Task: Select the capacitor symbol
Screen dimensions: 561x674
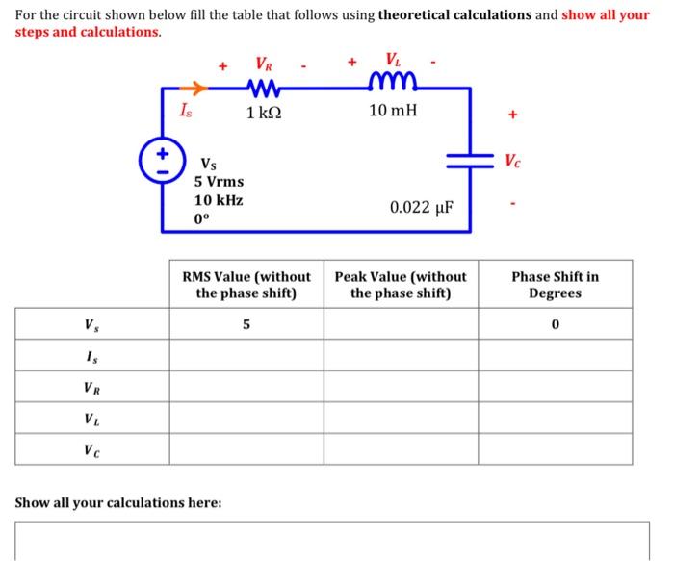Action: [470, 160]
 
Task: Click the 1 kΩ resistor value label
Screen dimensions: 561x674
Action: [264, 114]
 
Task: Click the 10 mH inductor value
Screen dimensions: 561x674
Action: [393, 112]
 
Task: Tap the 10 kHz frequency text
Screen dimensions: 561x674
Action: [219, 200]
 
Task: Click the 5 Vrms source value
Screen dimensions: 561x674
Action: [220, 181]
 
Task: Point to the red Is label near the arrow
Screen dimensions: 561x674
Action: [186, 112]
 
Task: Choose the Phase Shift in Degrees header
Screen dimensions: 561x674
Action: [555, 285]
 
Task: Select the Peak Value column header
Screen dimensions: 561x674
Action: [401, 285]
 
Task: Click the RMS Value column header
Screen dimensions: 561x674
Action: [246, 285]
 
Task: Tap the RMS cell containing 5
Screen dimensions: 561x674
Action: [246, 324]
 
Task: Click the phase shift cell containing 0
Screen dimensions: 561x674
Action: [556, 324]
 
